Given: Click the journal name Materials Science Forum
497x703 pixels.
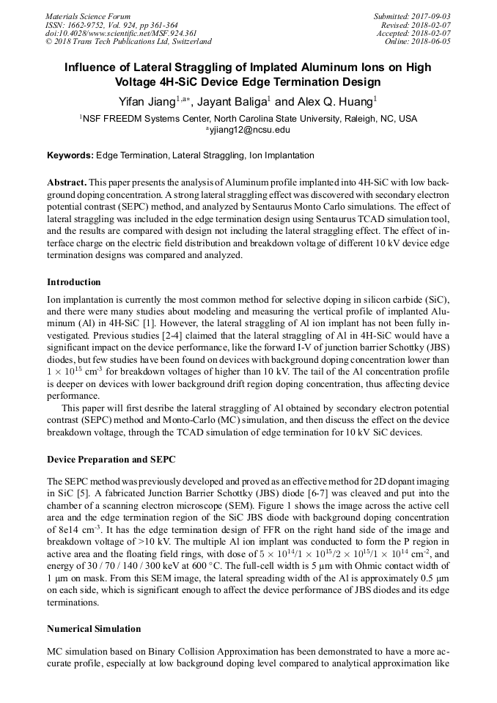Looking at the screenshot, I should coord(88,16).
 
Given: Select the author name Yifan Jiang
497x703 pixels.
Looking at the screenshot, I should coord(147,101).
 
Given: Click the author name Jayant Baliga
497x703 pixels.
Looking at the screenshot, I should coord(232,101).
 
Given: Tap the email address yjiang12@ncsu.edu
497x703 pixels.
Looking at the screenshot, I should coord(249,130).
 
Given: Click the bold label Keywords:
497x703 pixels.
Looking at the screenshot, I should coord(70,155).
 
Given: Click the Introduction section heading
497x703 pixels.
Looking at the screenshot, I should coord(74,281).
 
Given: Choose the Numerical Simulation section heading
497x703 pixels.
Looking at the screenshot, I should coord(94,629).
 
